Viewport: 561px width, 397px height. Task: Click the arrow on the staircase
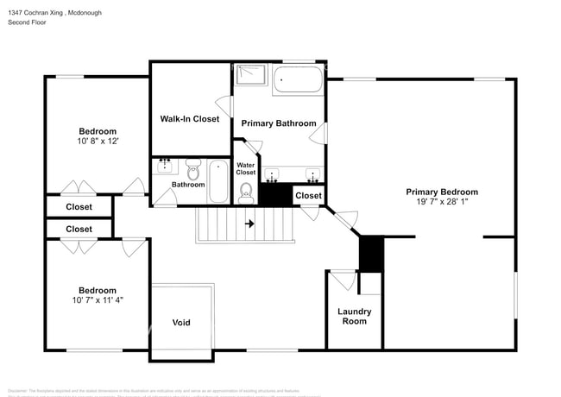250,224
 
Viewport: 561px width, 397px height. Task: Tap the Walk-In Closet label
189,118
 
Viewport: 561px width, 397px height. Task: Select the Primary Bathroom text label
278,123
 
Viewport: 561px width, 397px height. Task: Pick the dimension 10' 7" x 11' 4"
97,301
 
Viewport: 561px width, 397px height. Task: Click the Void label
181,323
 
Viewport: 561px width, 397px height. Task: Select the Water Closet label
246,168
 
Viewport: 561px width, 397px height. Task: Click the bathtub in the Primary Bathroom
298,82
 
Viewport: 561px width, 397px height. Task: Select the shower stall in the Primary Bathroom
251,75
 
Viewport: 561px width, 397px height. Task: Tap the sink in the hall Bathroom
165,165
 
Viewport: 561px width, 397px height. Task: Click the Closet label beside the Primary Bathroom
308,196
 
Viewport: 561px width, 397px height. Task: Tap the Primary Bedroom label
442,192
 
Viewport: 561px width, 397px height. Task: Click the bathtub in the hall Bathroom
219,180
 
